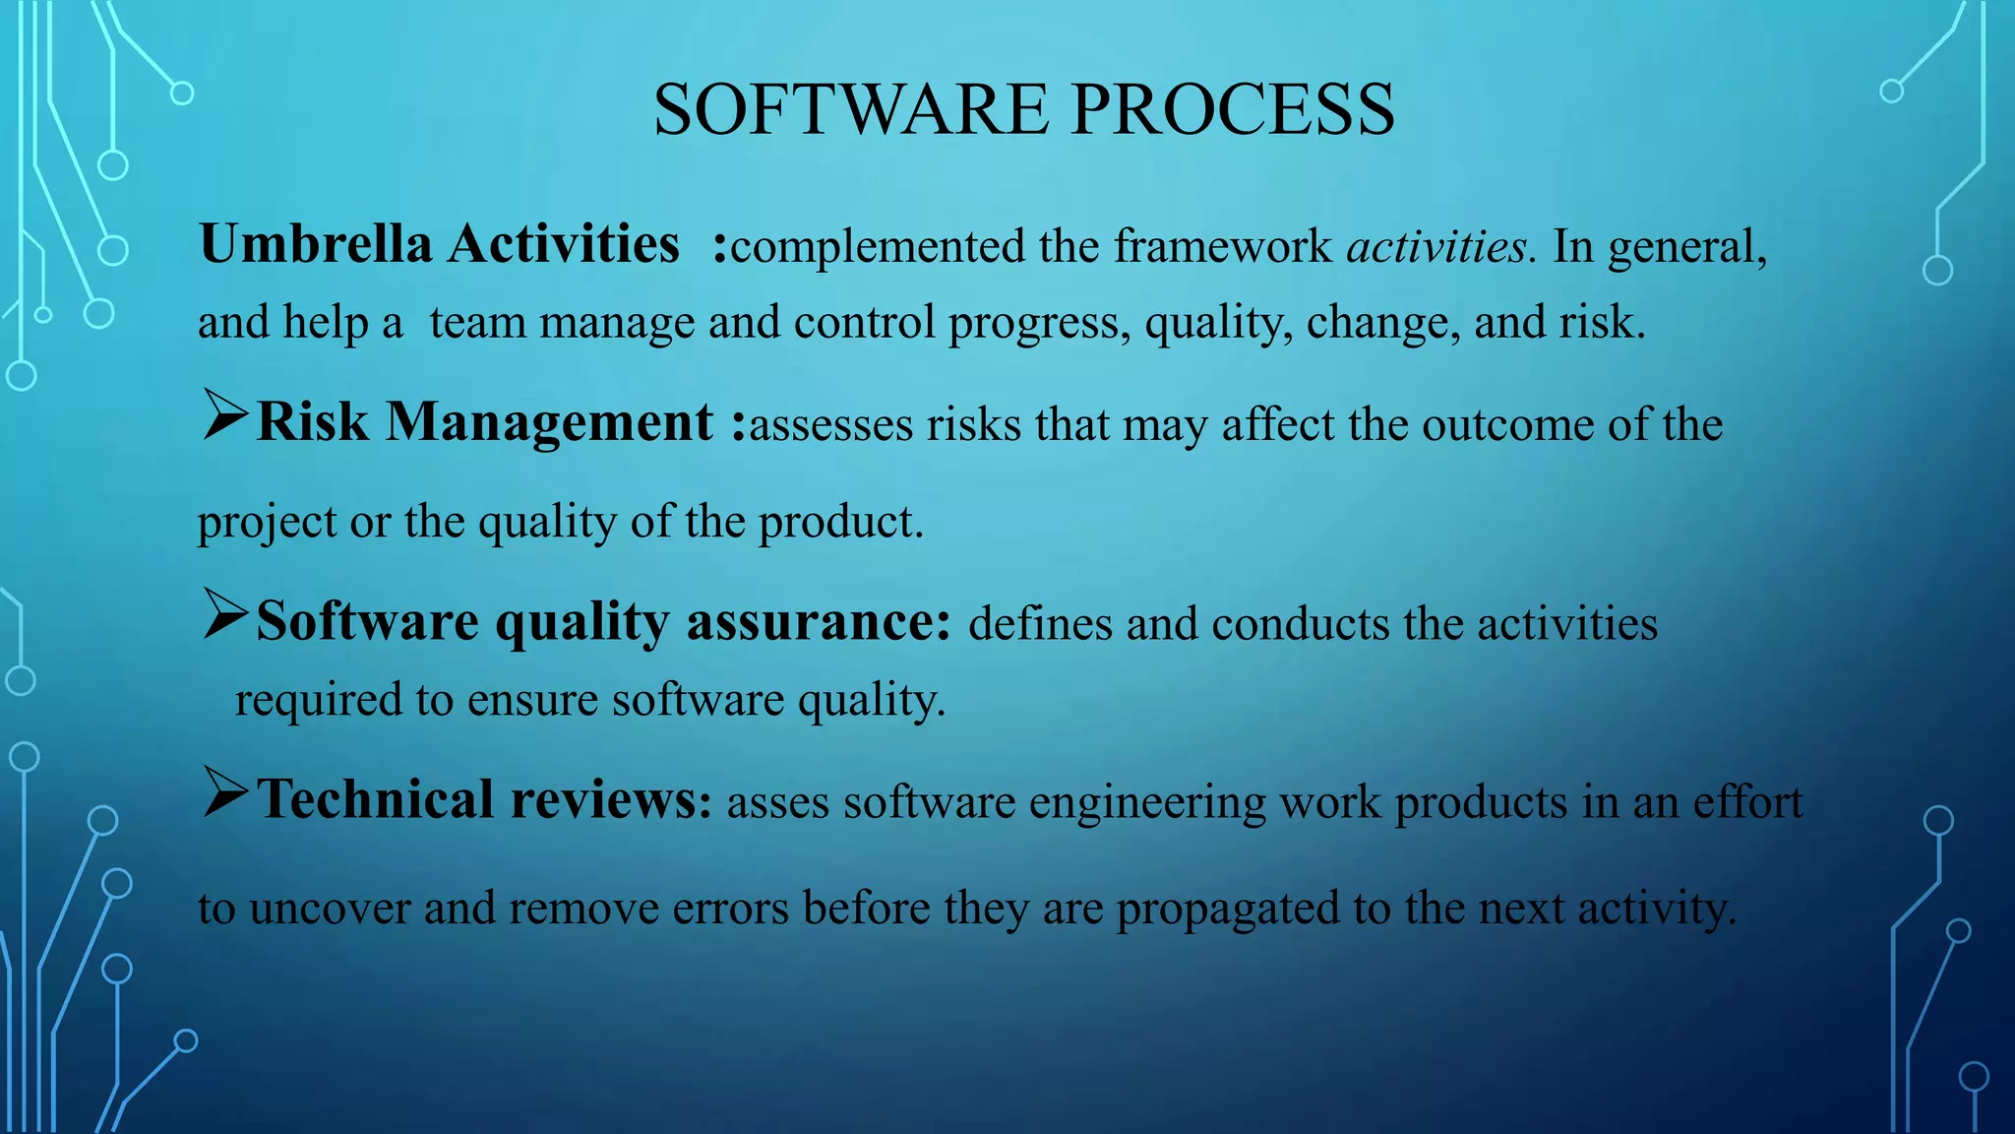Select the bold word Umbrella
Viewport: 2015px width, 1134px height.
[315, 244]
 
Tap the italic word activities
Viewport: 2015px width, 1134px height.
[1437, 246]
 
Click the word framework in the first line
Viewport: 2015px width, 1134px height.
[1222, 246]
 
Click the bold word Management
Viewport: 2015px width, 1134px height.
[549, 423]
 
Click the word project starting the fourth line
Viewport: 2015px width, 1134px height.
[266, 523]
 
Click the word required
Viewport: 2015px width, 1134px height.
[318, 701]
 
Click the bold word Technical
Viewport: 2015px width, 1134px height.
[375, 799]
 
